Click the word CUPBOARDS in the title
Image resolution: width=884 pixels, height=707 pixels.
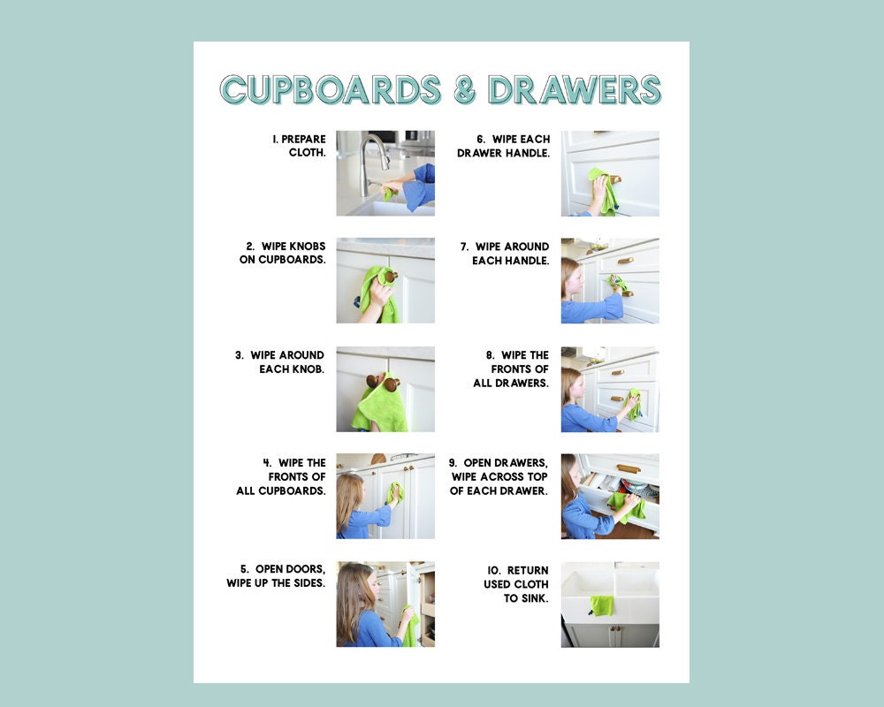331,90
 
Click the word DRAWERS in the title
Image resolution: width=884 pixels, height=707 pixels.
575,90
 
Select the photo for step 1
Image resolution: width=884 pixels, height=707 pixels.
385,173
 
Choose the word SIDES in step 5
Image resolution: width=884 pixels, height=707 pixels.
305,583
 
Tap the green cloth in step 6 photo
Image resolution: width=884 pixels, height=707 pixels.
605,190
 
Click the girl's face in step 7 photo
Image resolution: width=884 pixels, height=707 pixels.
575,281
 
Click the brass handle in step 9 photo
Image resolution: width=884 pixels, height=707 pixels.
629,468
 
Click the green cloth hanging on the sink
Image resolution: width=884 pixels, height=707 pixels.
602,605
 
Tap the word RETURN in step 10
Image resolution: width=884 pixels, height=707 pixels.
528,570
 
